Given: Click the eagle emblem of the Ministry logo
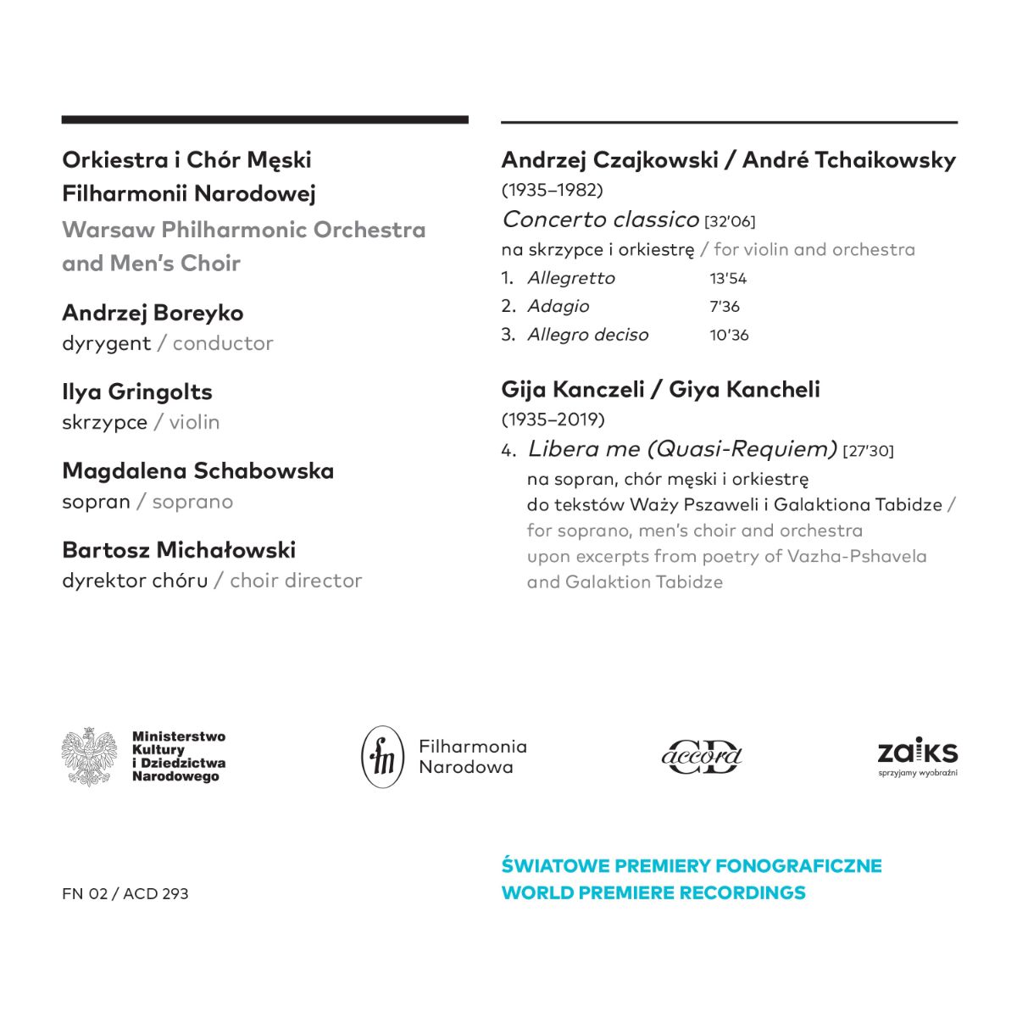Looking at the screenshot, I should click(x=89, y=756).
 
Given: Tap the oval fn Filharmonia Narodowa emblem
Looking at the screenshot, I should click(x=383, y=757).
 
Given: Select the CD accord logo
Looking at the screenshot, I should click(x=702, y=756).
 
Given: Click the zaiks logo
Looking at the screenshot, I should click(x=917, y=756).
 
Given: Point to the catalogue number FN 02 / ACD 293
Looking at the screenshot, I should click(x=125, y=894).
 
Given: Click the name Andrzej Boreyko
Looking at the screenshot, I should click(x=153, y=313).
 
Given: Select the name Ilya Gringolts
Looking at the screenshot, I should click(x=137, y=392).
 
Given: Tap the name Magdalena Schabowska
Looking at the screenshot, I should click(x=197, y=470).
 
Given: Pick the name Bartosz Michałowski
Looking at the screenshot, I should click(x=179, y=550).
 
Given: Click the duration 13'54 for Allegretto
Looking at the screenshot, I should click(x=728, y=279).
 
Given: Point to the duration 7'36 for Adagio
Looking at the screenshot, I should click(x=725, y=307).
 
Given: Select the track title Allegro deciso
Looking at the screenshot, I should click(x=587, y=335).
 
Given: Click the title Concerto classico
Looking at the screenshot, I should click(x=600, y=220).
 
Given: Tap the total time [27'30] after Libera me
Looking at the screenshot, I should click(x=868, y=451).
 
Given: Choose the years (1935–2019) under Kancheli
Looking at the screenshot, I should click(x=553, y=420).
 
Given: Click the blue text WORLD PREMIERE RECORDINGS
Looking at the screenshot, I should click(x=653, y=892).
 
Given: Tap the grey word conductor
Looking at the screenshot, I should click(x=223, y=343).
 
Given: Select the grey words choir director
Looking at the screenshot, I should click(x=296, y=581).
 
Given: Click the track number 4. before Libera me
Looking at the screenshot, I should click(x=508, y=451).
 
